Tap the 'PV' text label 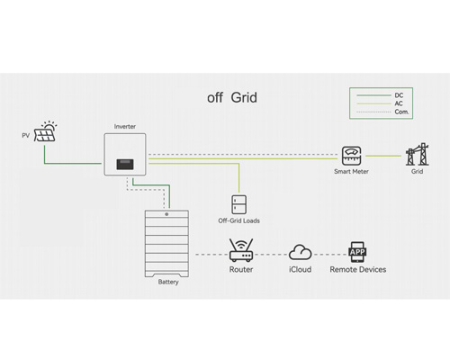click(26, 136)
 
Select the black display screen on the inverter click(126, 166)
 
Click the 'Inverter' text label click(125, 127)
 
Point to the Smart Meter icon click(351, 154)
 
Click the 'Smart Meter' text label click(351, 171)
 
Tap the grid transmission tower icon click(417, 154)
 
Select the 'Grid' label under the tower click(417, 171)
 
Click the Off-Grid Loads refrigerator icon click(238, 203)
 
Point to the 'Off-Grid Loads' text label click(238, 220)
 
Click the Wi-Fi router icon click(240, 248)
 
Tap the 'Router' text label click(240, 269)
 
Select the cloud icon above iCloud click(300, 251)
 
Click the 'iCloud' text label click(300, 269)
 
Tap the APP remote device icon click(357, 249)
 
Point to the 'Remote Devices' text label click(357, 269)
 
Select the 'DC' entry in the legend click(399, 94)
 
